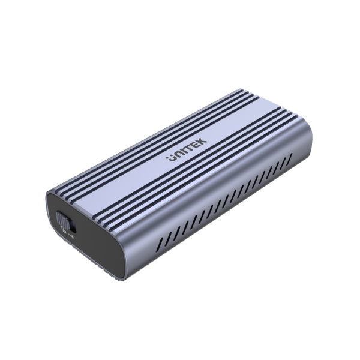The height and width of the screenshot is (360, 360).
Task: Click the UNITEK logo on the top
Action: (186, 150)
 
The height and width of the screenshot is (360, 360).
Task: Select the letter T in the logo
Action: (190, 148)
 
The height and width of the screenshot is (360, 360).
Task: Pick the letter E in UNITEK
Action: (196, 144)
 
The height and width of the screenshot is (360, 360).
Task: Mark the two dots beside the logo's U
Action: (168, 157)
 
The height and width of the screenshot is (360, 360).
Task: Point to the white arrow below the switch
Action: (71, 237)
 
